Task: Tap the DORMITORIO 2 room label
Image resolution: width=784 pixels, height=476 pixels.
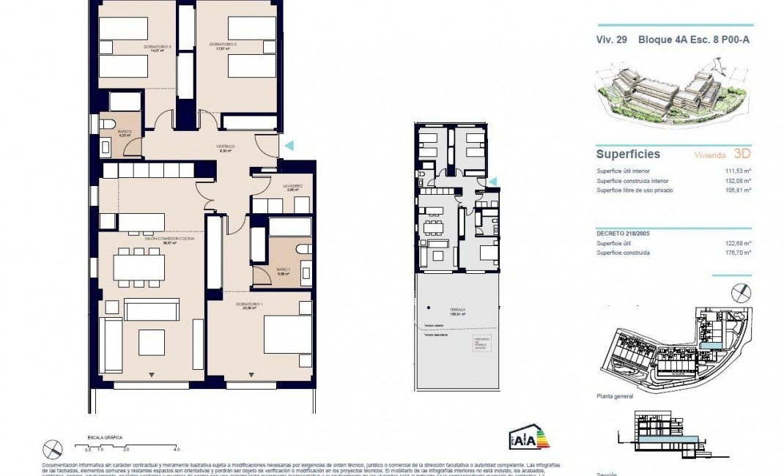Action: tap(223, 45)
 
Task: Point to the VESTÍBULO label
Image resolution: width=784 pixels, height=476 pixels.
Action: tap(224, 146)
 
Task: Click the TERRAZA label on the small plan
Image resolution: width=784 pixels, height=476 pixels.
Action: tap(459, 310)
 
